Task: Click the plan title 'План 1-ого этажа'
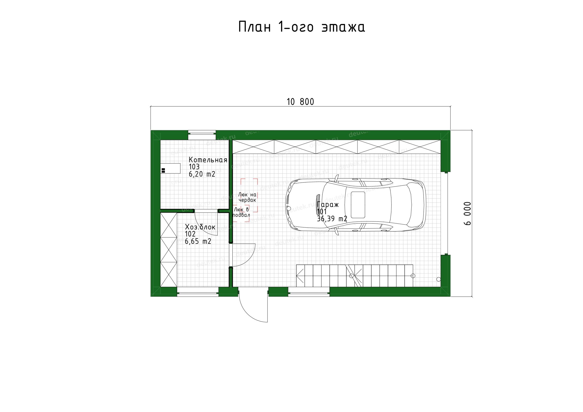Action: click(x=302, y=27)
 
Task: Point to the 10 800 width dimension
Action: click(x=300, y=102)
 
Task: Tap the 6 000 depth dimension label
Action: click(x=467, y=213)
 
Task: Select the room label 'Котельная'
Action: click(x=208, y=160)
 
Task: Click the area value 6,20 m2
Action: click(x=202, y=174)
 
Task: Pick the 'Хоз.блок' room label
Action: click(x=200, y=227)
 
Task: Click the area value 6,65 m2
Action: click(x=198, y=241)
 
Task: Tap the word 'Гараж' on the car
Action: click(x=328, y=205)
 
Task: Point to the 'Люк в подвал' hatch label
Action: click(x=242, y=212)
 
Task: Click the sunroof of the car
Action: click(x=358, y=205)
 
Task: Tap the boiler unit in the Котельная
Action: click(x=171, y=168)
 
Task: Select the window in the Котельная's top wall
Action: click(x=202, y=135)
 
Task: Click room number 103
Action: click(x=194, y=167)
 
